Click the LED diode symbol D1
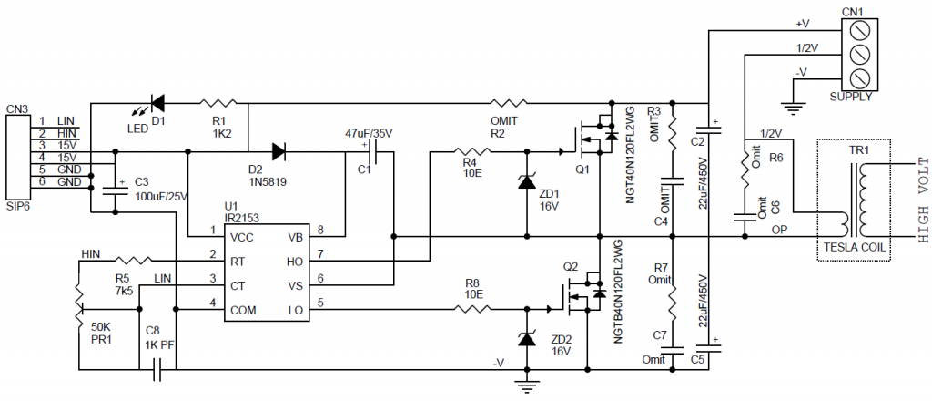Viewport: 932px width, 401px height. point(157,102)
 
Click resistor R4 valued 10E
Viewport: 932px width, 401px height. point(470,150)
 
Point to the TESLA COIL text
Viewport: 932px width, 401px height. point(855,248)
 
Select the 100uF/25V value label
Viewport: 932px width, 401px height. point(160,196)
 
